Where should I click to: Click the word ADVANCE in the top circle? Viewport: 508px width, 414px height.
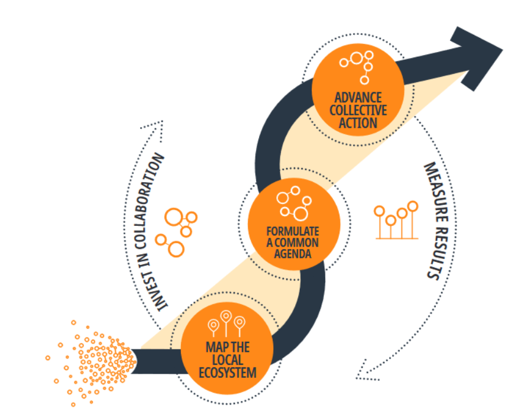(x=358, y=97)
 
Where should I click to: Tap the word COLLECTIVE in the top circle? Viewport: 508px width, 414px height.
(x=358, y=110)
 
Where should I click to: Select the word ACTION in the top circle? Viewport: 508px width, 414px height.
(x=358, y=123)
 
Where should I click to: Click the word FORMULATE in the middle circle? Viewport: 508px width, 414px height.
(x=293, y=231)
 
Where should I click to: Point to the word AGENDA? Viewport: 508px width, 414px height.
(x=293, y=255)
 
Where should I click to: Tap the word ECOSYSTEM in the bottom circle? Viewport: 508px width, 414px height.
(x=227, y=373)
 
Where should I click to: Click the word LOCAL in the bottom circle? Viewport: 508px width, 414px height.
(x=227, y=360)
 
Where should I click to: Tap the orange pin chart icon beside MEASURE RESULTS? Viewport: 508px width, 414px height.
(x=396, y=221)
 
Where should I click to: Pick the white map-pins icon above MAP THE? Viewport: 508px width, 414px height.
(x=227, y=323)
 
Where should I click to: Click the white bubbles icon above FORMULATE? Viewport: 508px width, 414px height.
(x=293, y=202)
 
